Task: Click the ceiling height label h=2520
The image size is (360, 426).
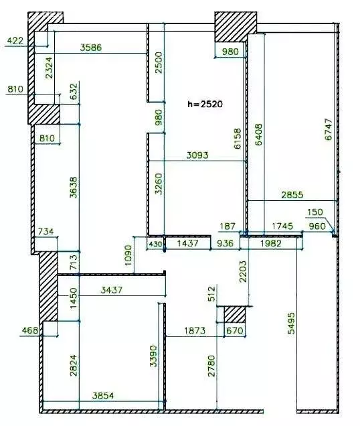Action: [205, 104]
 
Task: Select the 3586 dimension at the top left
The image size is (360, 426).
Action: [91, 48]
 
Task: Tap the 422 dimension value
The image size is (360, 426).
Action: [15, 41]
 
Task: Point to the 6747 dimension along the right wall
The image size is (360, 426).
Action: [329, 129]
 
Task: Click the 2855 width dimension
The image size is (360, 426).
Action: [292, 195]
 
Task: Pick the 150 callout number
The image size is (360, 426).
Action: [315, 212]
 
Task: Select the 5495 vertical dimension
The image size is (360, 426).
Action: [291, 323]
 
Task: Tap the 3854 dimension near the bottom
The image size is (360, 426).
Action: [103, 396]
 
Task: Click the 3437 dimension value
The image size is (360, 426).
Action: [112, 290]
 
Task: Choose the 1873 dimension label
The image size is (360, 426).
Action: [195, 331]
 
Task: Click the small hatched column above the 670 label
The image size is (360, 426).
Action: [235, 315]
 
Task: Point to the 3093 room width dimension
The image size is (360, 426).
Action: [197, 155]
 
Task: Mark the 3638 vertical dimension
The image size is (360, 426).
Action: [74, 188]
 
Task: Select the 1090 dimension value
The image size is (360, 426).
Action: [128, 255]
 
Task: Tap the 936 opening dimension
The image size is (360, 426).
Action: [226, 243]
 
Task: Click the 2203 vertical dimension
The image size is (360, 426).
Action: [244, 271]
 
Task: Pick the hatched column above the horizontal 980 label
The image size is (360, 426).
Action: [236, 27]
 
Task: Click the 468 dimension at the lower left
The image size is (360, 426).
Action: [29, 330]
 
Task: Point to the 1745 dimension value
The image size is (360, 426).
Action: [282, 226]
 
